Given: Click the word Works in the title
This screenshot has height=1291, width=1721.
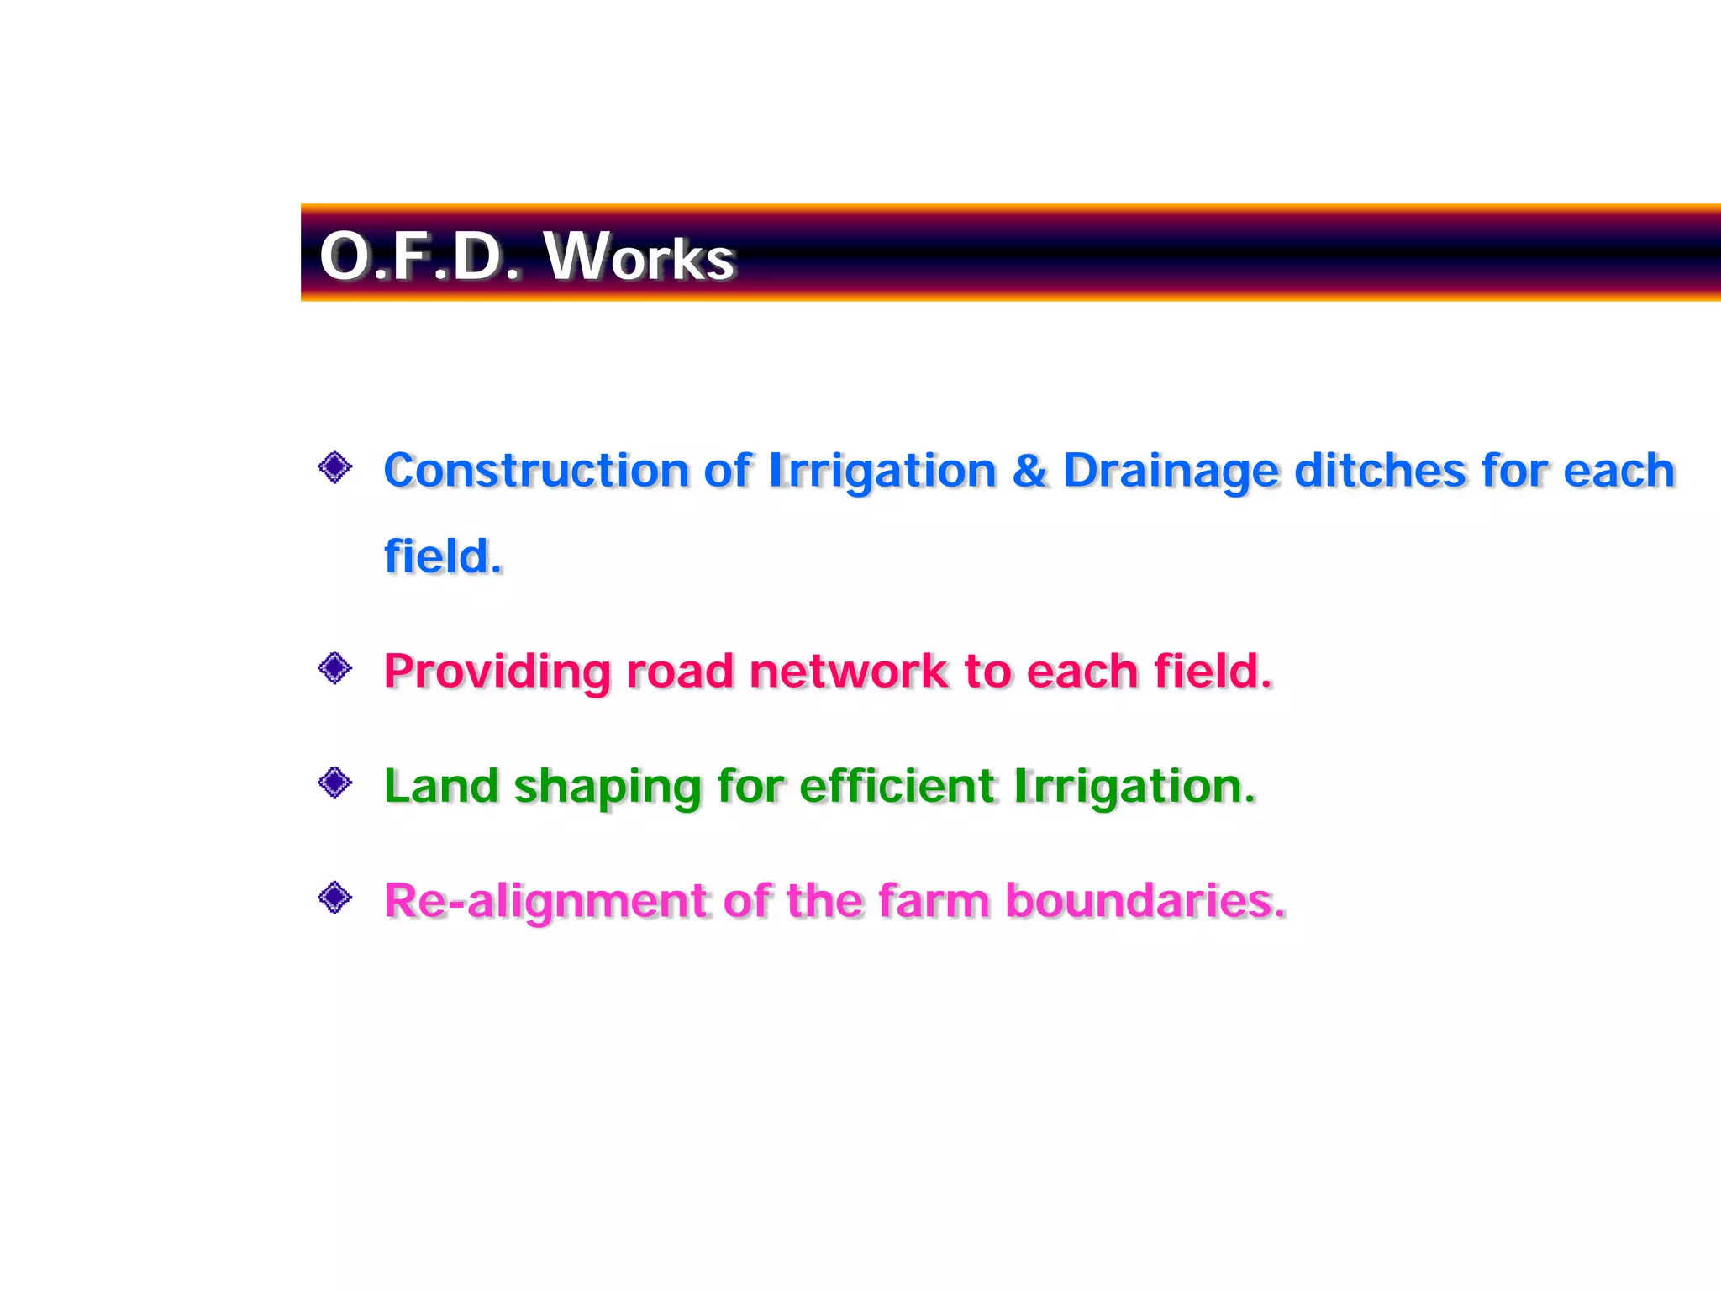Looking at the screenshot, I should point(640,256).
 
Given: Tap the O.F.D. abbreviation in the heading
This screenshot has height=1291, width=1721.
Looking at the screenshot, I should point(419,256).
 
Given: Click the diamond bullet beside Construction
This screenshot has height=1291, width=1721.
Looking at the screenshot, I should point(335,466).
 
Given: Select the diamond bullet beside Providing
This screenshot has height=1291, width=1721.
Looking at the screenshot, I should point(335,668).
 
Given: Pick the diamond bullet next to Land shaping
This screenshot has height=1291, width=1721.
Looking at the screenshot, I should point(335,783).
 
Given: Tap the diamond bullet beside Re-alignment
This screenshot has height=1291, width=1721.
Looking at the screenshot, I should point(335,897).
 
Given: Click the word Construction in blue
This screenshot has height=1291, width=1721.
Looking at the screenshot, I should point(535,470).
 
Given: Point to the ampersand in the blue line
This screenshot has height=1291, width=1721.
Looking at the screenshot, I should point(1029,470).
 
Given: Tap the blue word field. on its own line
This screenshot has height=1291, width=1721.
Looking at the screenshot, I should point(443,556).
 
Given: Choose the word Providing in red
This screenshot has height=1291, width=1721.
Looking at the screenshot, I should point(497,672).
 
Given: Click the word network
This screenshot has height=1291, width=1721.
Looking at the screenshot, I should point(848,672).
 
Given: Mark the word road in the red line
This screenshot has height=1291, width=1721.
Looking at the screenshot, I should point(679,672).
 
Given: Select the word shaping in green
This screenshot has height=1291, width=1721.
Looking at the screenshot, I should point(607,788).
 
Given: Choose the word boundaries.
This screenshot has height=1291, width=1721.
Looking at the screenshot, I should point(1145,900).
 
